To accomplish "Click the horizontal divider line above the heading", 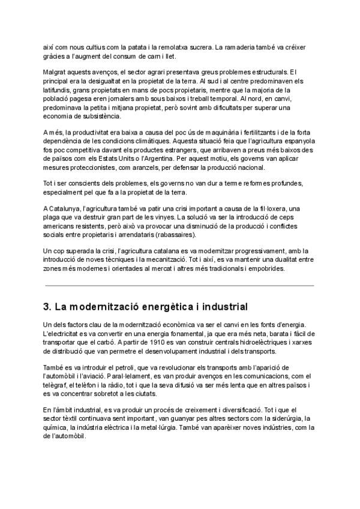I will (179, 286).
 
